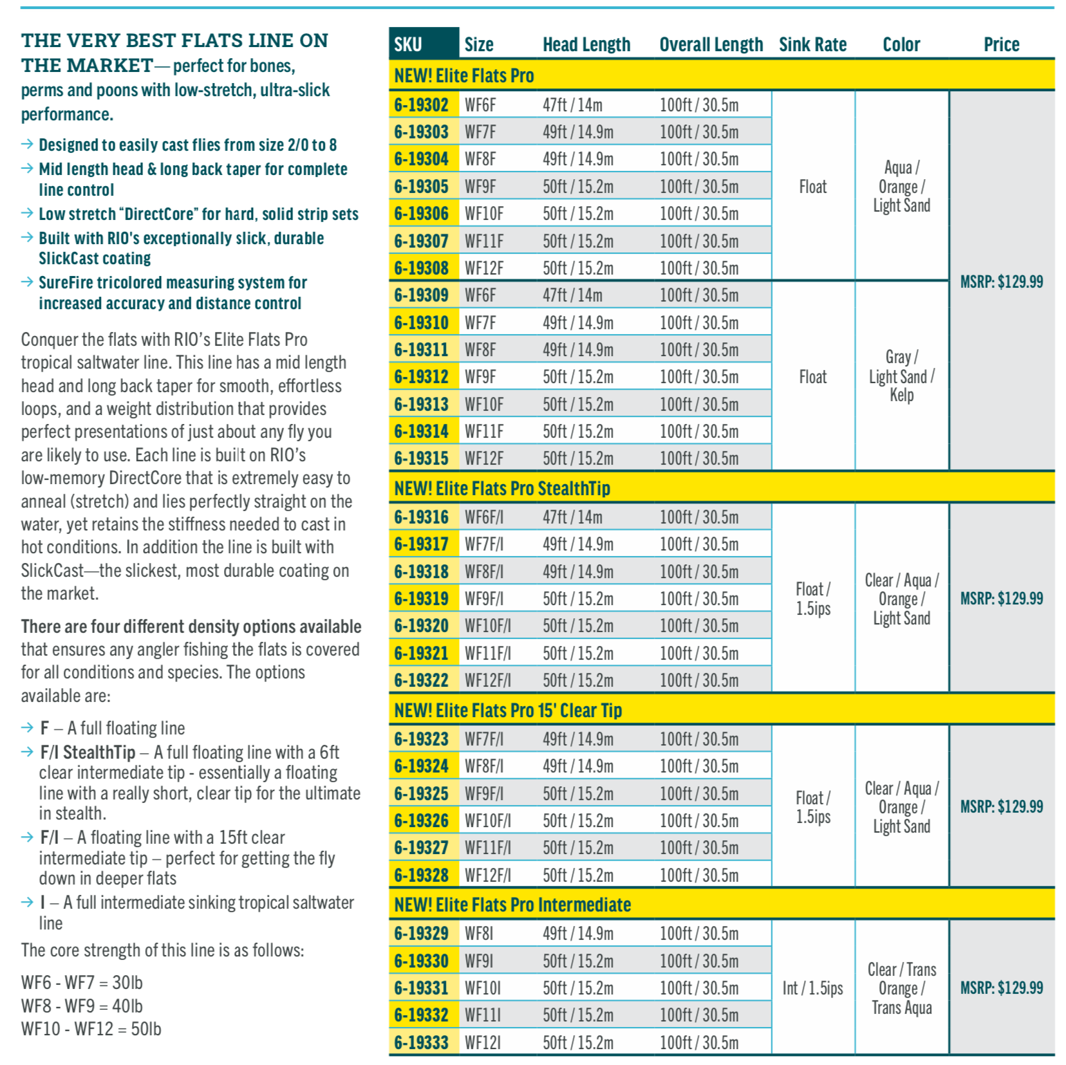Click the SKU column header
409,45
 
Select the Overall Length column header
711,45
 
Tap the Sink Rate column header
812,45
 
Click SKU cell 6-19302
421,105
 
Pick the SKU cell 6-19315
421,459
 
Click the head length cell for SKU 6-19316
572,517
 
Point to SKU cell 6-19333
421,1042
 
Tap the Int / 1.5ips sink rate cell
812,988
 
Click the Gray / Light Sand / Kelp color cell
901,376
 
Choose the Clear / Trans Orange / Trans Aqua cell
901,988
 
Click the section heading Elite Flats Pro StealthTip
502,488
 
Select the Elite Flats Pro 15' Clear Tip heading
507,710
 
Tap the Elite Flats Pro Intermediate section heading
512,905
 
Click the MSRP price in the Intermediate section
1001,988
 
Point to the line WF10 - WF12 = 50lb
91,1029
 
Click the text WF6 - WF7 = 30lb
82,983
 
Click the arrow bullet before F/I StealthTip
28,752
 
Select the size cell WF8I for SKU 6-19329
479,934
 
